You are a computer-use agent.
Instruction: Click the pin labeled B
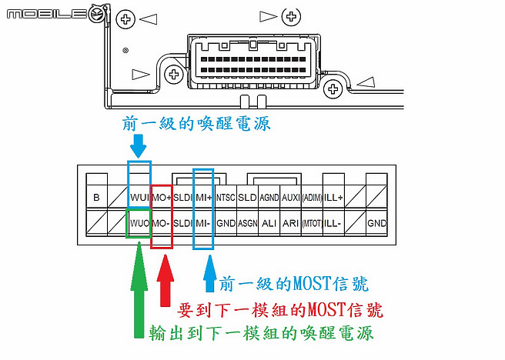96,198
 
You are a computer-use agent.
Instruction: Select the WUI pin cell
139,198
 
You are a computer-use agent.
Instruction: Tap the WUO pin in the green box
139,223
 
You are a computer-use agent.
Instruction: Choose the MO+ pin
162,198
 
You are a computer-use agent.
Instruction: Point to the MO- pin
162,223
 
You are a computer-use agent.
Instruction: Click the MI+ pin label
202,198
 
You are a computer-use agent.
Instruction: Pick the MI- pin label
202,223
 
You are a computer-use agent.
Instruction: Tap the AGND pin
269,198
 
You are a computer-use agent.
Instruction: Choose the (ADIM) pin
311,198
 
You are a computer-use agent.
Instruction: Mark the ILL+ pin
333,198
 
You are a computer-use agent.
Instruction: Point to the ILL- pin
333,223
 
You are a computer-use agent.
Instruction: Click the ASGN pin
247,223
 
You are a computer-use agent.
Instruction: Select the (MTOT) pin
311,223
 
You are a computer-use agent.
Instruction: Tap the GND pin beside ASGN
225,223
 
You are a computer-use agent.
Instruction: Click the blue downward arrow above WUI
139,145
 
